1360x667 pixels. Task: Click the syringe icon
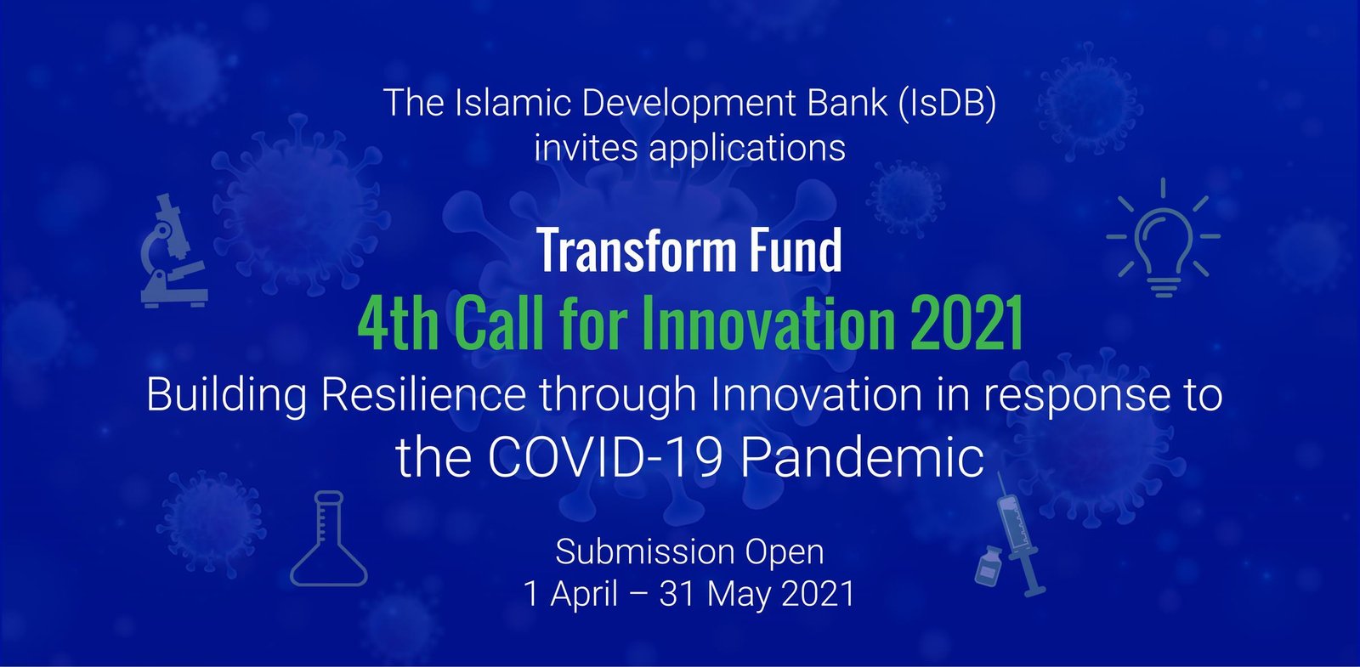point(1020,534)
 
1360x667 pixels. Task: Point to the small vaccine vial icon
point(989,566)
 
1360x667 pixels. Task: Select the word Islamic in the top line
point(513,102)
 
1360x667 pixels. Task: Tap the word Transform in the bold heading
point(637,250)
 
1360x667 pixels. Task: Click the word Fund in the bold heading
point(796,250)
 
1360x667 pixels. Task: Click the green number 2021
point(967,323)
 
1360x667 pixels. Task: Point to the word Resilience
point(423,395)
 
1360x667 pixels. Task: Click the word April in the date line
point(584,594)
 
